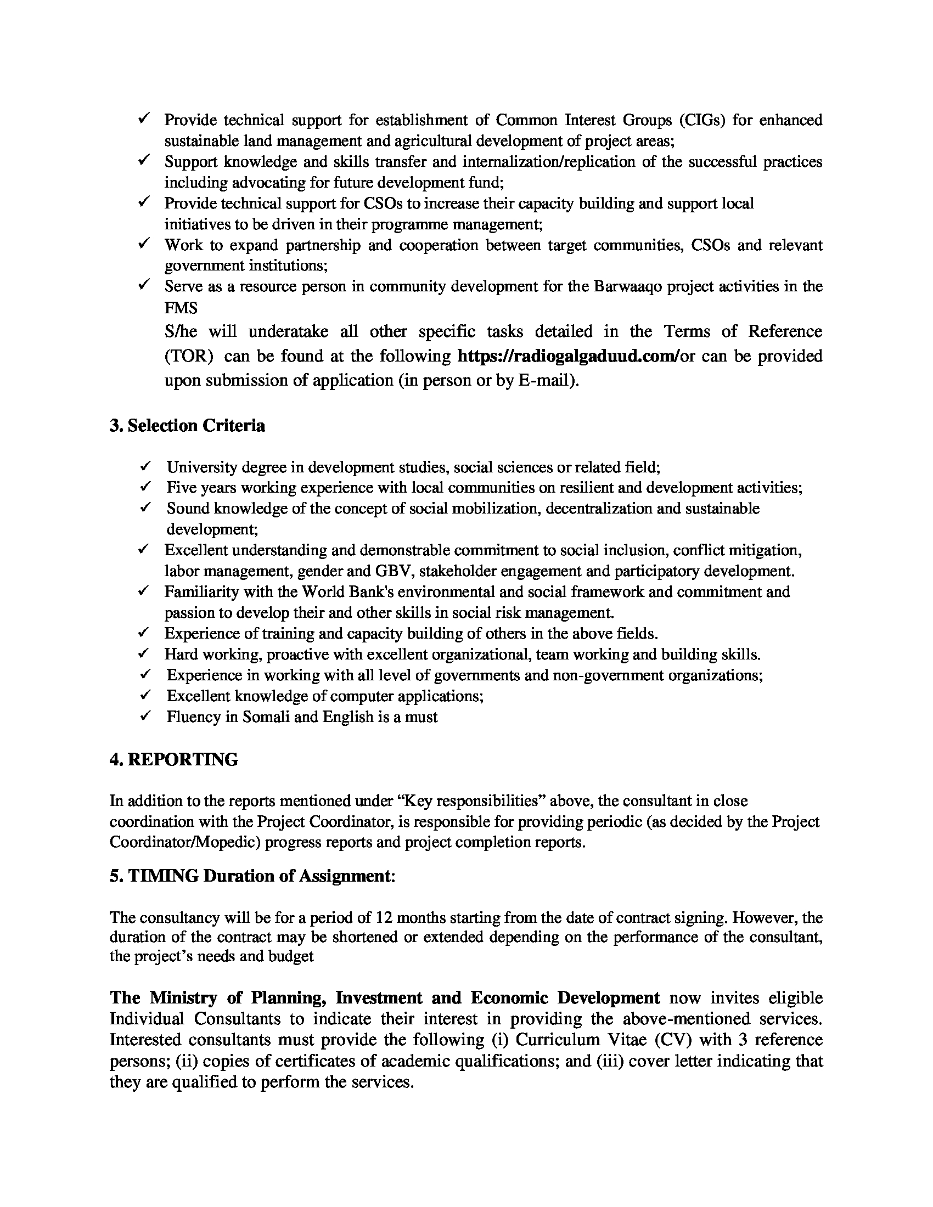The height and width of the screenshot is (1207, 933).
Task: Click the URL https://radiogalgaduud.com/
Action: tap(568, 357)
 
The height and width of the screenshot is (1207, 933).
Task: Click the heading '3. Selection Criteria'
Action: tap(187, 426)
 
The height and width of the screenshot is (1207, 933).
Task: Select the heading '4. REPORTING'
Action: tap(174, 759)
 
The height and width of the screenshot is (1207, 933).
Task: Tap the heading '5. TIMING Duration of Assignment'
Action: tap(252, 876)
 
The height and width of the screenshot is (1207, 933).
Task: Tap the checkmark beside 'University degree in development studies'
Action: tap(145, 466)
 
